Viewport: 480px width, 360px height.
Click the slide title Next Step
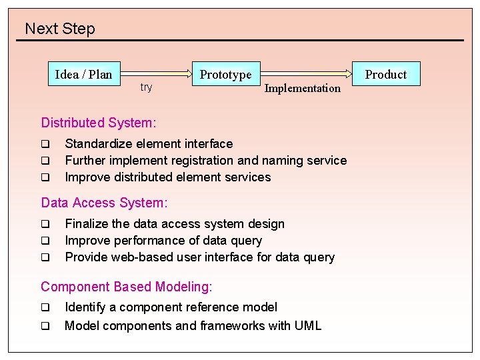tap(60, 29)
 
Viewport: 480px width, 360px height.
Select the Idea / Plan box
tap(83, 74)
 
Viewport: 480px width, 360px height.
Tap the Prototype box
tap(225, 75)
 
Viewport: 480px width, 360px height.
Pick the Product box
tap(385, 75)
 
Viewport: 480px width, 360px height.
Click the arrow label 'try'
tap(146, 87)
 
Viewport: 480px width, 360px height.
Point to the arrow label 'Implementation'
tap(302, 88)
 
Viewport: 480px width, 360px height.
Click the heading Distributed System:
tap(99, 123)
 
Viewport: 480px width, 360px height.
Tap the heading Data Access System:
tap(104, 203)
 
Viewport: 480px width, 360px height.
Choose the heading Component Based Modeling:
tap(127, 287)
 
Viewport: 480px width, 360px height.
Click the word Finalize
tap(86, 224)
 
